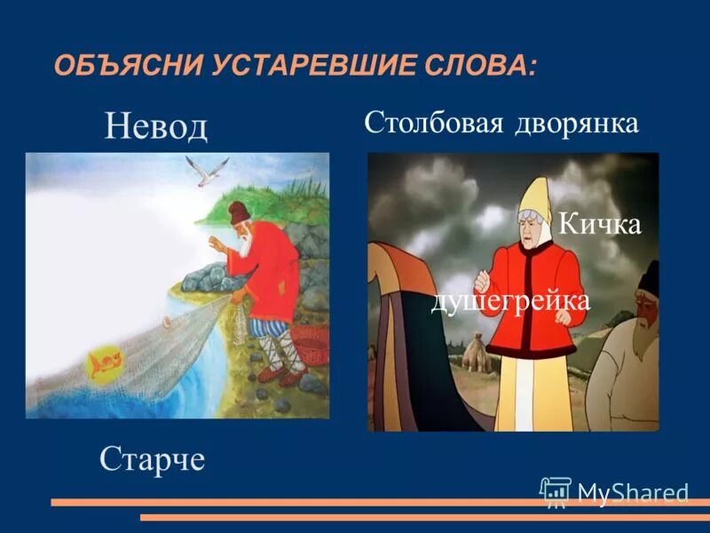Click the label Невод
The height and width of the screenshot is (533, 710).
pyautogui.click(x=155, y=127)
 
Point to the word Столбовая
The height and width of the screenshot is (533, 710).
pyautogui.click(x=434, y=123)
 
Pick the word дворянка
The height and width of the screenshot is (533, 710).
pyautogui.click(x=577, y=123)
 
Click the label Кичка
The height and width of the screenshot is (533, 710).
pyautogui.click(x=599, y=225)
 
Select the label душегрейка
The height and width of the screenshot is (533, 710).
pyautogui.click(x=509, y=301)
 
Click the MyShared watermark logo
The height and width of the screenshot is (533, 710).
pyautogui.click(x=614, y=491)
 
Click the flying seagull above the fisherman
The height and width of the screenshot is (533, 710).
pyautogui.click(x=206, y=169)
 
